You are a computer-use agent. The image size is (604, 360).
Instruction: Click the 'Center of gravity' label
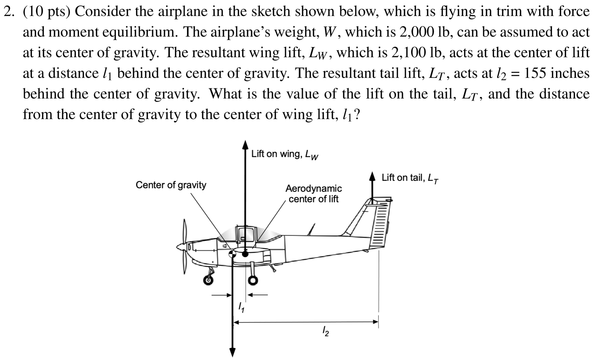tap(171, 185)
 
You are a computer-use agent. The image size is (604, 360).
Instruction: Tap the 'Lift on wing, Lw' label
tap(285, 155)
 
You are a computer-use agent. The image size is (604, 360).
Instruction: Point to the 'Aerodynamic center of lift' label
tap(314, 193)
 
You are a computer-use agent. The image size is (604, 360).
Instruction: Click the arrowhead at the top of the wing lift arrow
tap(245, 145)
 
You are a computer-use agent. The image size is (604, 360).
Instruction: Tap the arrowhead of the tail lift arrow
tap(372, 176)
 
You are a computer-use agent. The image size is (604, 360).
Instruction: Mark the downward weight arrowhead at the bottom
tap(232, 352)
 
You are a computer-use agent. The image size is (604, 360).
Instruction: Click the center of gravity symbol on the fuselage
tap(232, 253)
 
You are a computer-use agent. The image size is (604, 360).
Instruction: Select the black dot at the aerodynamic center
tap(245, 254)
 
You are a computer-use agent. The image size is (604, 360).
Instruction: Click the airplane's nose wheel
tap(208, 280)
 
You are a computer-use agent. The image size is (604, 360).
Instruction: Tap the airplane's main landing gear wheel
tap(253, 281)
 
